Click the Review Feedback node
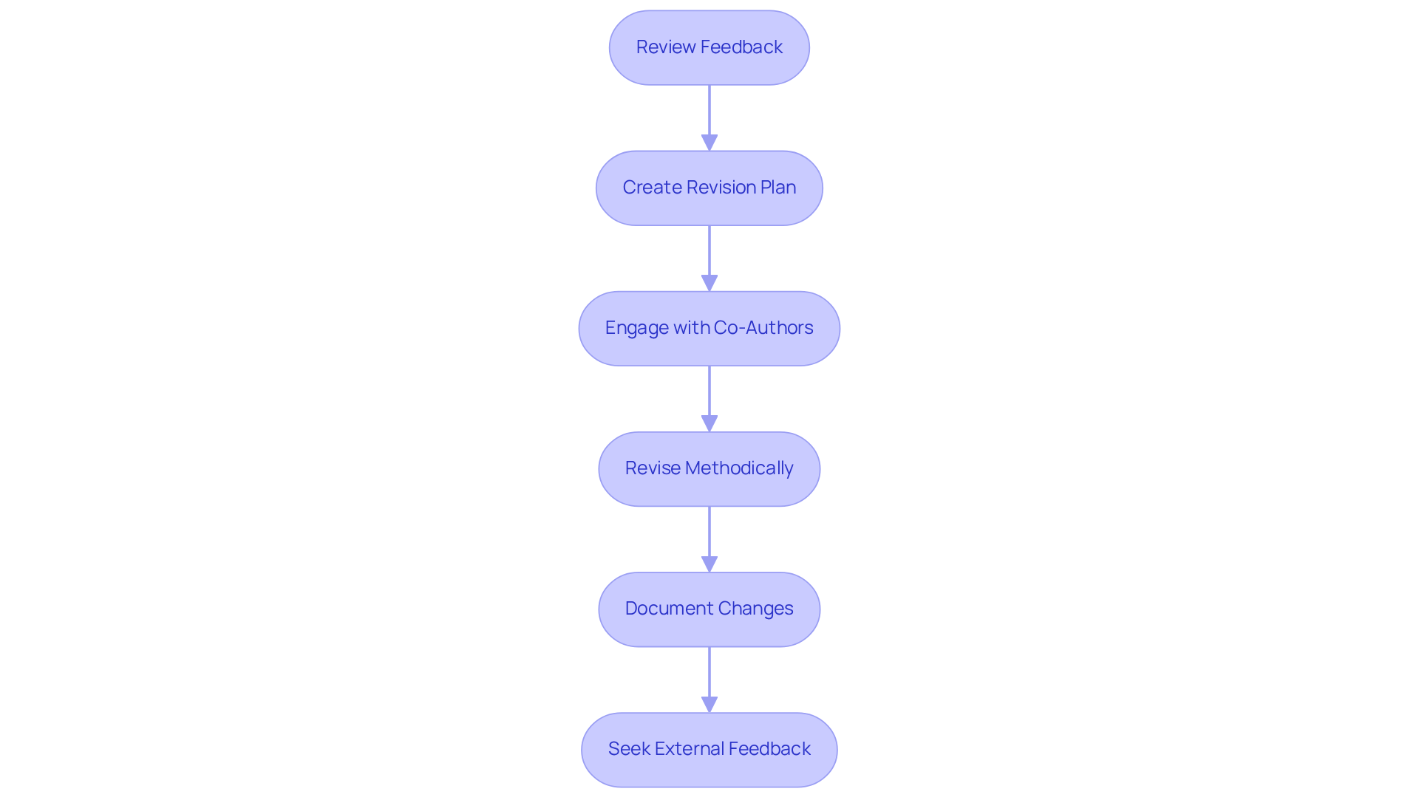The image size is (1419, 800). pyautogui.click(x=709, y=47)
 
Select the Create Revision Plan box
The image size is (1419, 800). pyautogui.click(x=709, y=188)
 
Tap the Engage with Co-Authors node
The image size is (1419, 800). pyautogui.click(x=709, y=328)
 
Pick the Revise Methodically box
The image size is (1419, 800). pyautogui.click(x=709, y=468)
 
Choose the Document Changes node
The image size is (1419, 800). pyautogui.click(x=709, y=609)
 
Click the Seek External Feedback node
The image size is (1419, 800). pyautogui.click(x=709, y=749)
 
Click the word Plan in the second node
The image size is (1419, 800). pyautogui.click(x=777, y=188)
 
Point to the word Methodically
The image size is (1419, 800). pyautogui.click(x=739, y=468)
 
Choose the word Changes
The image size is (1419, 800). pyautogui.click(x=755, y=609)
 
